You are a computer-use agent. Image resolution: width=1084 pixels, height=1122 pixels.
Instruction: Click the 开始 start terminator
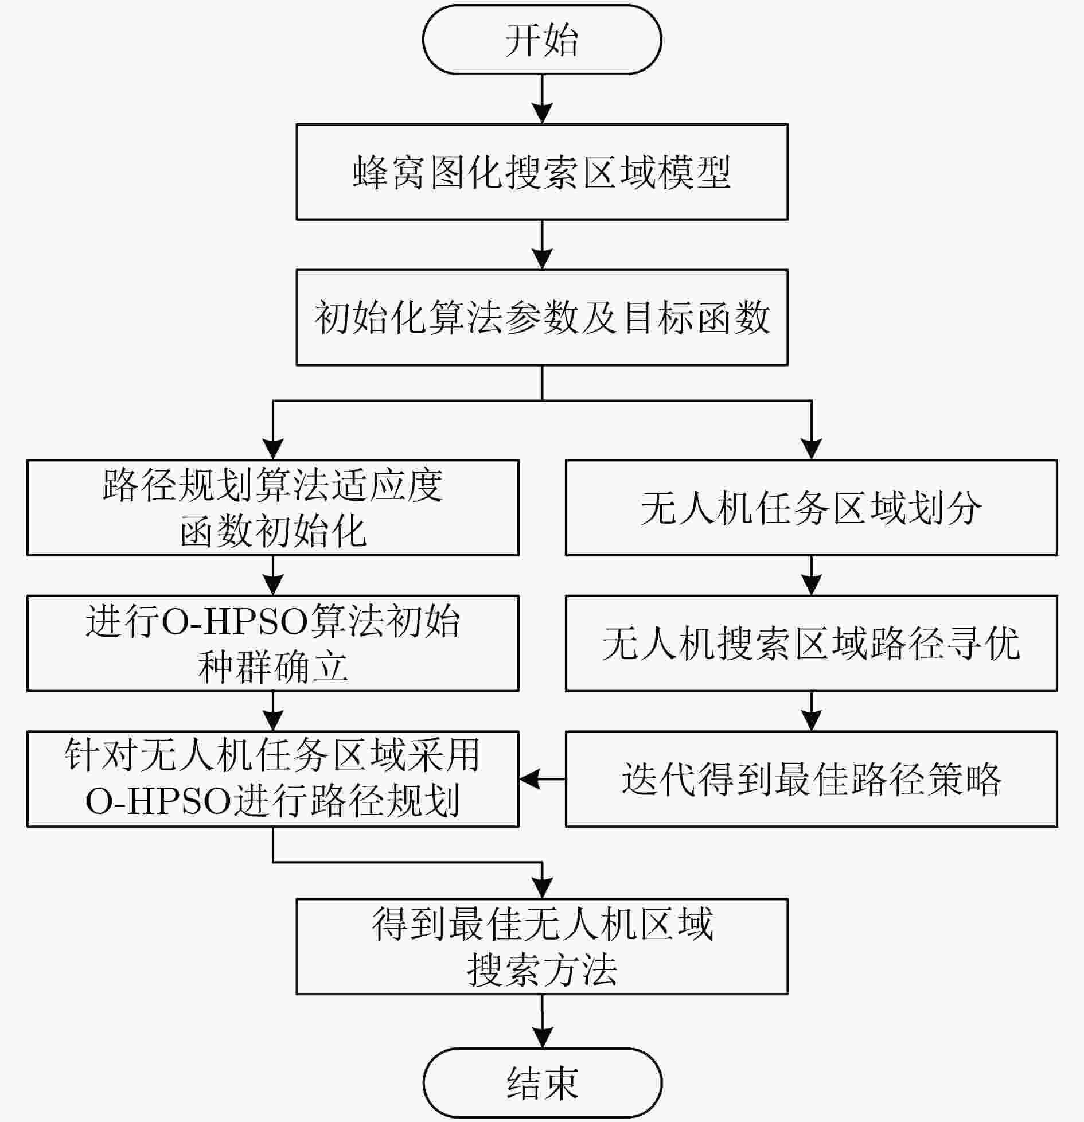coord(542,40)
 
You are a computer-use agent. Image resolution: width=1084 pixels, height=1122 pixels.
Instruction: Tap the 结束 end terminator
coord(542,1082)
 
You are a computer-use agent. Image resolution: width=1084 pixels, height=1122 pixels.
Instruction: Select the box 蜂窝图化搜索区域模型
coord(542,172)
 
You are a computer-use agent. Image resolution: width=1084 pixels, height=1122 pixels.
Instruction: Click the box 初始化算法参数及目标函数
coord(542,317)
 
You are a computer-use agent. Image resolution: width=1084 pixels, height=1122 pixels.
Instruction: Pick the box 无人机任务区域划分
coord(811,508)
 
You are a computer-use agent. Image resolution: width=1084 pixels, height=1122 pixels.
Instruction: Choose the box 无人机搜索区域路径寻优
coord(811,643)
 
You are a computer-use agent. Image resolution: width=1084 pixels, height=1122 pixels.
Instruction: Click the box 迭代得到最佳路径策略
coord(811,779)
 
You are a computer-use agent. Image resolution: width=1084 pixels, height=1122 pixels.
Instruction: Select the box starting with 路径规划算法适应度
coord(273,508)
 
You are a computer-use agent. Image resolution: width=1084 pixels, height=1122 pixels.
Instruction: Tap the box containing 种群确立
coord(273,643)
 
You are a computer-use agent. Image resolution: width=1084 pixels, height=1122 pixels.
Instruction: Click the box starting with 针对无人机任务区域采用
coord(273,779)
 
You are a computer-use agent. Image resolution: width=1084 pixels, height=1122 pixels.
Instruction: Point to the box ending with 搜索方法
coord(542,946)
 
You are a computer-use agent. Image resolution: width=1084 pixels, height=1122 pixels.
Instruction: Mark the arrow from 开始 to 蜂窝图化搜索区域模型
coord(542,99)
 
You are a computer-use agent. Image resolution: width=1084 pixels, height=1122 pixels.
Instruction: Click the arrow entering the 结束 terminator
coord(542,1021)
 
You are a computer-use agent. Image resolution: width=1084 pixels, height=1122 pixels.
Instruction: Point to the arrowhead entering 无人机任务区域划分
coord(811,450)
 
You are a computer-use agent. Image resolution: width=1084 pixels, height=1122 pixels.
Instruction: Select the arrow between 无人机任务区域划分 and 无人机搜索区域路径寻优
coord(811,575)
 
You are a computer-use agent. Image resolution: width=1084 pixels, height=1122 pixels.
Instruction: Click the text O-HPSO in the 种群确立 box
coord(233,621)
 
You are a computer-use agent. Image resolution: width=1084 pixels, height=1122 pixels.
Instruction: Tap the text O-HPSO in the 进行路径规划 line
coord(158,801)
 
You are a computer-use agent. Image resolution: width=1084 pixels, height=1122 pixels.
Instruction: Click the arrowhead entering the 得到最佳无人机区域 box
coord(542,889)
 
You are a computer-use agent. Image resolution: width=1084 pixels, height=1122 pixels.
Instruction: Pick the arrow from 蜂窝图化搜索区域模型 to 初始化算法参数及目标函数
coord(542,245)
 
